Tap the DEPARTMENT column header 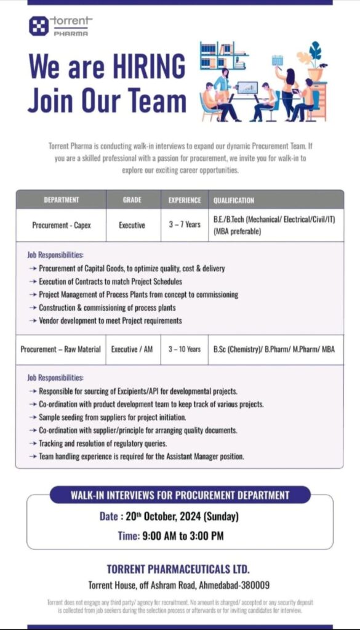pos(61,200)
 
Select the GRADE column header pos(132,200)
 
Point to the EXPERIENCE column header pos(185,200)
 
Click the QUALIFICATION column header pos(234,200)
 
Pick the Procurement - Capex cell pos(62,225)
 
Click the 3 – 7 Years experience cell pos(185,225)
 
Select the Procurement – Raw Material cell pos(60,349)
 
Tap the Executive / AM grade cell pos(132,349)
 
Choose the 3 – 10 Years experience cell pos(185,349)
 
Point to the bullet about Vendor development pos(110,321)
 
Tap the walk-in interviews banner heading pos(180,495)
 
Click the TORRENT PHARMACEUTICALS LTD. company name pos(178,570)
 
